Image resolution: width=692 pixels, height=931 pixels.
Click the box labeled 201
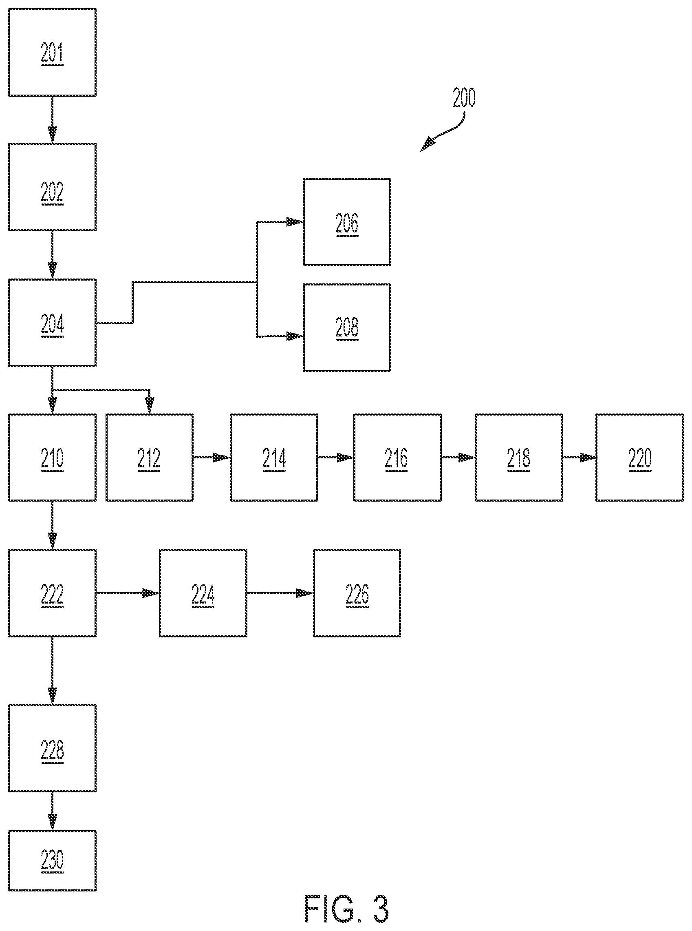tap(52, 52)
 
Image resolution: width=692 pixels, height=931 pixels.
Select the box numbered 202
tap(52, 187)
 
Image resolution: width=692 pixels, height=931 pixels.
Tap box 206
tap(347, 222)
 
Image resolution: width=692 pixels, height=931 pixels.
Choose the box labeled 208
tap(347, 328)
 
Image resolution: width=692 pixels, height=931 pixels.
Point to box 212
tap(150, 457)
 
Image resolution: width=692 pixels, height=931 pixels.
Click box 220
tap(640, 457)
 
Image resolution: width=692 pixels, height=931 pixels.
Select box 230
tap(52, 860)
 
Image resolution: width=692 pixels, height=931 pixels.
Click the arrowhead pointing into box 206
tap(295, 222)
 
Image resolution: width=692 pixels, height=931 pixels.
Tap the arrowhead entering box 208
tap(295, 336)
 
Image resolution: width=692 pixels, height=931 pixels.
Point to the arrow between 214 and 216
tap(335, 457)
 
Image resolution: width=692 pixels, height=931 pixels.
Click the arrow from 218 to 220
tap(580, 457)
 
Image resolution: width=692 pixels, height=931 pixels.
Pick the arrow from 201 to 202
tap(52, 120)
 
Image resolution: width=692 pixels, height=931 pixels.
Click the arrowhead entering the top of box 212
tap(150, 405)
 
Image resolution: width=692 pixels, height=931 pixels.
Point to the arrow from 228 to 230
tap(52, 811)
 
